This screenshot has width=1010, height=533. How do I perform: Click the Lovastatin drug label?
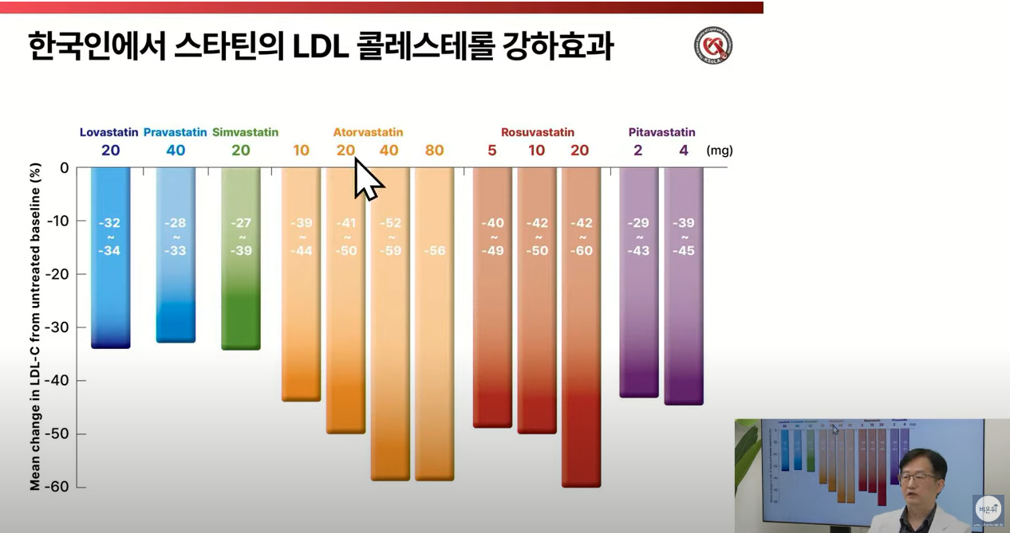pyautogui.click(x=109, y=132)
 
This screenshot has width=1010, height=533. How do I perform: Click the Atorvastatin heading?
pyautogui.click(x=368, y=132)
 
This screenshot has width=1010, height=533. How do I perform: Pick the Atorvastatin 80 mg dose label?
pyautogui.click(x=434, y=151)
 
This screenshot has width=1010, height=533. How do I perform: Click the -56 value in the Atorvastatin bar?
pyautogui.click(x=434, y=251)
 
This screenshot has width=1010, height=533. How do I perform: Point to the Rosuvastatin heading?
pyautogui.click(x=537, y=132)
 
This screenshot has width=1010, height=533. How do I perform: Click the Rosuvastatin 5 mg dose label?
pyautogui.click(x=492, y=151)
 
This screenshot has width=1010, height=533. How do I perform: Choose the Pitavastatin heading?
pyautogui.click(x=661, y=132)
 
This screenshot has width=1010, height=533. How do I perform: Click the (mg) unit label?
pyautogui.click(x=719, y=151)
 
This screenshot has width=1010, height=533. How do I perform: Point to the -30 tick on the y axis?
pyautogui.click(x=61, y=327)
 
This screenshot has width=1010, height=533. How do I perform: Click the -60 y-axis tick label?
pyautogui.click(x=61, y=487)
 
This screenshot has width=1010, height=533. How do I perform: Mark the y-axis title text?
pyautogui.click(x=35, y=327)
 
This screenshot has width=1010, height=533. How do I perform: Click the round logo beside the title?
pyautogui.click(x=712, y=45)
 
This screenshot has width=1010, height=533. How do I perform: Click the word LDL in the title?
pyautogui.click(x=323, y=46)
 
